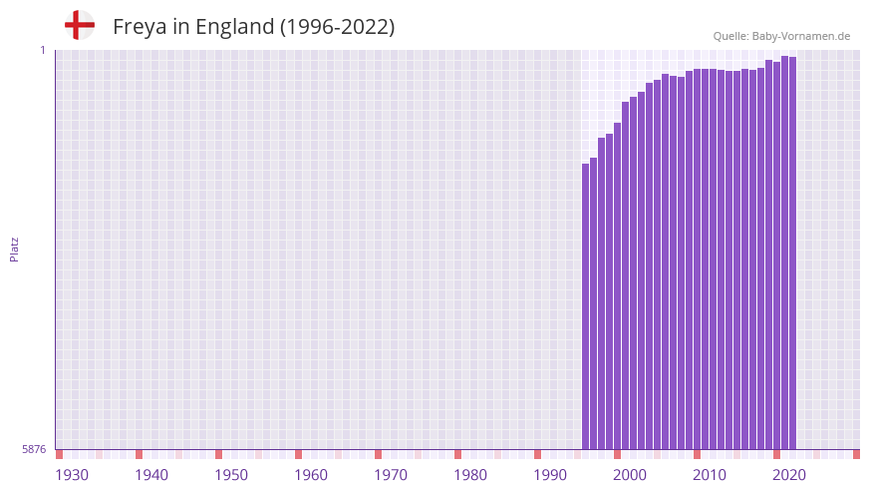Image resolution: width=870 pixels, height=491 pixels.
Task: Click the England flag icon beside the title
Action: click(x=80, y=26)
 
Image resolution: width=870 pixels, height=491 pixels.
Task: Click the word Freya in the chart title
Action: click(x=141, y=27)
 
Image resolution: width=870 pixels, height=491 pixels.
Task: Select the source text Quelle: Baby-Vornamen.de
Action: click(x=781, y=37)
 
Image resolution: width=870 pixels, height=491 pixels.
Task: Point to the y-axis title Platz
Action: click(x=14, y=249)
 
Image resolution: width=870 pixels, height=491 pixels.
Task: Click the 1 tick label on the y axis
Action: click(x=43, y=50)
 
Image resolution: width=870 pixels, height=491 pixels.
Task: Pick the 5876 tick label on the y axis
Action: click(x=34, y=450)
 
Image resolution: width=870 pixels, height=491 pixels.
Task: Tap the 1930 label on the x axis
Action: click(x=72, y=475)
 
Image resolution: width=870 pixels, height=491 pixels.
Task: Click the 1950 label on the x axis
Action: click(x=231, y=475)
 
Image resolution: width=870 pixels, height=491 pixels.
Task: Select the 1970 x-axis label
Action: click(x=391, y=475)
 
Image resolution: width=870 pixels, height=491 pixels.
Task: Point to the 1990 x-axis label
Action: click(x=550, y=475)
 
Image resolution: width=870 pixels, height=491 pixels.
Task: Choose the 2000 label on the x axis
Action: click(x=630, y=475)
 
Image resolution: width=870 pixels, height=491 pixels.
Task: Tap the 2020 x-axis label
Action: click(x=789, y=475)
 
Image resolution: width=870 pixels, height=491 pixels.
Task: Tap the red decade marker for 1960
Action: click(x=298, y=454)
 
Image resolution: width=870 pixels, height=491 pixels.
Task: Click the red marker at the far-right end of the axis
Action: click(x=856, y=454)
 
